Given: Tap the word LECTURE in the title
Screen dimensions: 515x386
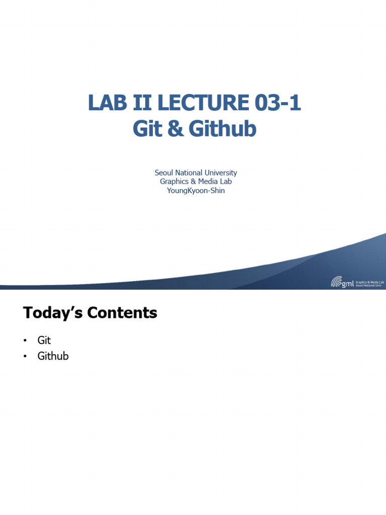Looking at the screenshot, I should [202, 104].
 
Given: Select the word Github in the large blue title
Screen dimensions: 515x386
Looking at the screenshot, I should [222, 129].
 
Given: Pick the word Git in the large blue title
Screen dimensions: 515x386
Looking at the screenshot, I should [146, 129].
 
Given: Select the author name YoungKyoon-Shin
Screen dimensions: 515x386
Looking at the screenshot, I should [196, 191].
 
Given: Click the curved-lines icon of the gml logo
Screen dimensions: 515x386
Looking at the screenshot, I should [336, 283].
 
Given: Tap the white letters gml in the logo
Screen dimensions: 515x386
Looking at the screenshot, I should [348, 284].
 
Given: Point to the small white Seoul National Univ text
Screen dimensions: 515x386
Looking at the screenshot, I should [369, 286].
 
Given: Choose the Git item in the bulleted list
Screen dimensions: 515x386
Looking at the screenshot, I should [44, 340].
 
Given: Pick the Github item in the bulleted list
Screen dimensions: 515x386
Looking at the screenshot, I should [53, 356].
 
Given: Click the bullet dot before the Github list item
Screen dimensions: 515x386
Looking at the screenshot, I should [24, 357].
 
